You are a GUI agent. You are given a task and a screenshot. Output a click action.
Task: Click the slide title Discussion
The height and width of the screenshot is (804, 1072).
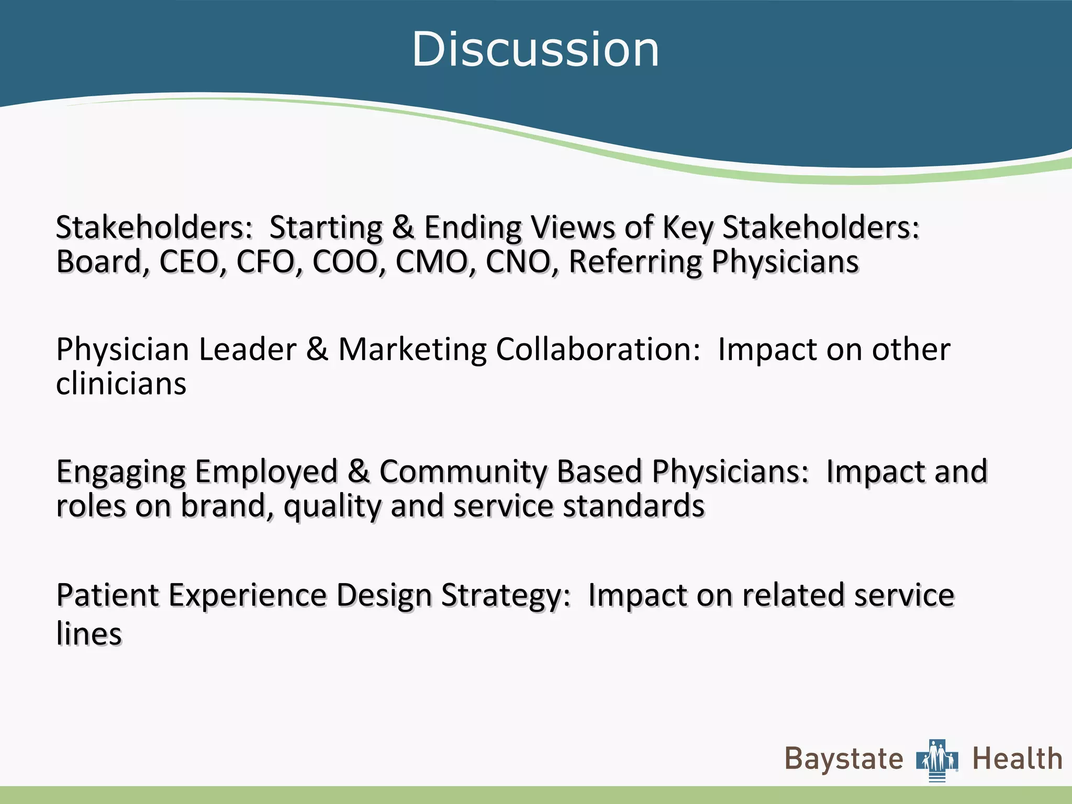(535, 49)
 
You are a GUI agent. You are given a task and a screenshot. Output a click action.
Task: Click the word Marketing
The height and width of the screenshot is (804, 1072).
(412, 350)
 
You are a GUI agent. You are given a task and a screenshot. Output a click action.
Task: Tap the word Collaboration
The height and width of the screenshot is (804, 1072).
(597, 350)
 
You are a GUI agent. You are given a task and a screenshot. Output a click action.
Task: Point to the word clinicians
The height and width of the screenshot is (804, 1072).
(121, 384)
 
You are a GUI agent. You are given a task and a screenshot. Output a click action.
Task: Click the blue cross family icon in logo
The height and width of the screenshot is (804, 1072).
(937, 760)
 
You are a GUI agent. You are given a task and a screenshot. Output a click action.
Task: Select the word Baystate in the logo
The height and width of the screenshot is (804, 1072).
(844, 760)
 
